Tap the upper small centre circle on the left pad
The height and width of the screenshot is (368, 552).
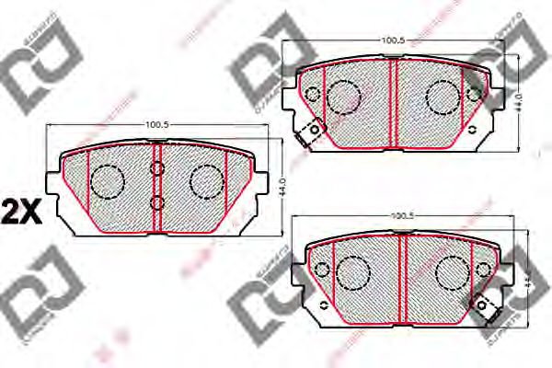coord(156,167)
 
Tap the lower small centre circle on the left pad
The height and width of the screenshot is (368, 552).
coord(156,202)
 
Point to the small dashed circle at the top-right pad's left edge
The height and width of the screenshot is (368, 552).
coord(312,93)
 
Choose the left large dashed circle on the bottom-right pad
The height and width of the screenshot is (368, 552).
coord(352,270)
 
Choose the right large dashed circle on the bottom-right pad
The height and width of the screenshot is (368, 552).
coord(450,270)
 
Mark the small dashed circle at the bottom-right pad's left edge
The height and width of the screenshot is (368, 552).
coord(322,269)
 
